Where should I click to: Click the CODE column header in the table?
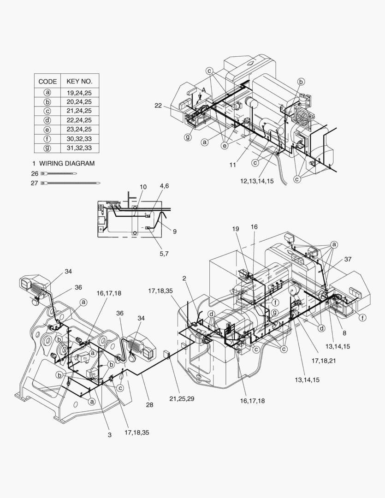(x=47, y=81)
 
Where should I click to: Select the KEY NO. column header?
(x=79, y=81)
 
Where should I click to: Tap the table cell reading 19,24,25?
(x=79, y=93)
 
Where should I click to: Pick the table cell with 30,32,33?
(x=79, y=139)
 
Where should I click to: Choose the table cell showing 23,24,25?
(x=79, y=130)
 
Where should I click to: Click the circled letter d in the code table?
(x=47, y=120)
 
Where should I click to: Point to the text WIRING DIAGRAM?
(x=67, y=163)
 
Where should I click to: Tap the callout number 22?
(x=158, y=106)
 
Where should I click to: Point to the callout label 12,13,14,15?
(x=256, y=181)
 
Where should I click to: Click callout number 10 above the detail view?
(x=143, y=187)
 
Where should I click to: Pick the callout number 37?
(x=348, y=259)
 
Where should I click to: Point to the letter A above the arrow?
(x=203, y=89)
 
